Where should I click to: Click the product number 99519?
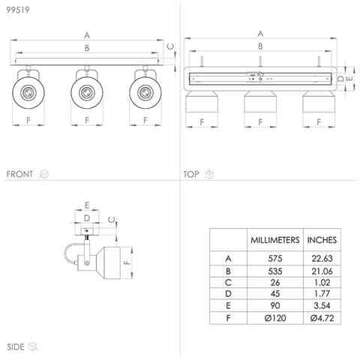(18, 10)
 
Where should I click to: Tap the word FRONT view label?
(19, 174)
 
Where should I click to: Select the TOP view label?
(191, 174)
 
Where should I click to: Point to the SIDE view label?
(16, 346)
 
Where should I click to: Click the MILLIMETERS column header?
(275, 240)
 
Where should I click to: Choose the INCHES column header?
(322, 240)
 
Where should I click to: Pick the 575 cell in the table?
(275, 258)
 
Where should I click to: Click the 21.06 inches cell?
(322, 271)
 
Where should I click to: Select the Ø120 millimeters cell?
(275, 318)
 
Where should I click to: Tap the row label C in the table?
(228, 283)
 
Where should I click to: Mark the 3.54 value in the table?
(322, 305)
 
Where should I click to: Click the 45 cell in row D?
(275, 294)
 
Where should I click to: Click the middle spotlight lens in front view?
(87, 93)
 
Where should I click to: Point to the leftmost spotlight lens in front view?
(28, 93)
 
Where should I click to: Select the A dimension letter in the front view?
(87, 35)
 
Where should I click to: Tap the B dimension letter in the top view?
(260, 46)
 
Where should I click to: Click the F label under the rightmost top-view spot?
(319, 122)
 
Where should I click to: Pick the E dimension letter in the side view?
(87, 205)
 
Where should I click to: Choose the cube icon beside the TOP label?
(209, 174)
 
